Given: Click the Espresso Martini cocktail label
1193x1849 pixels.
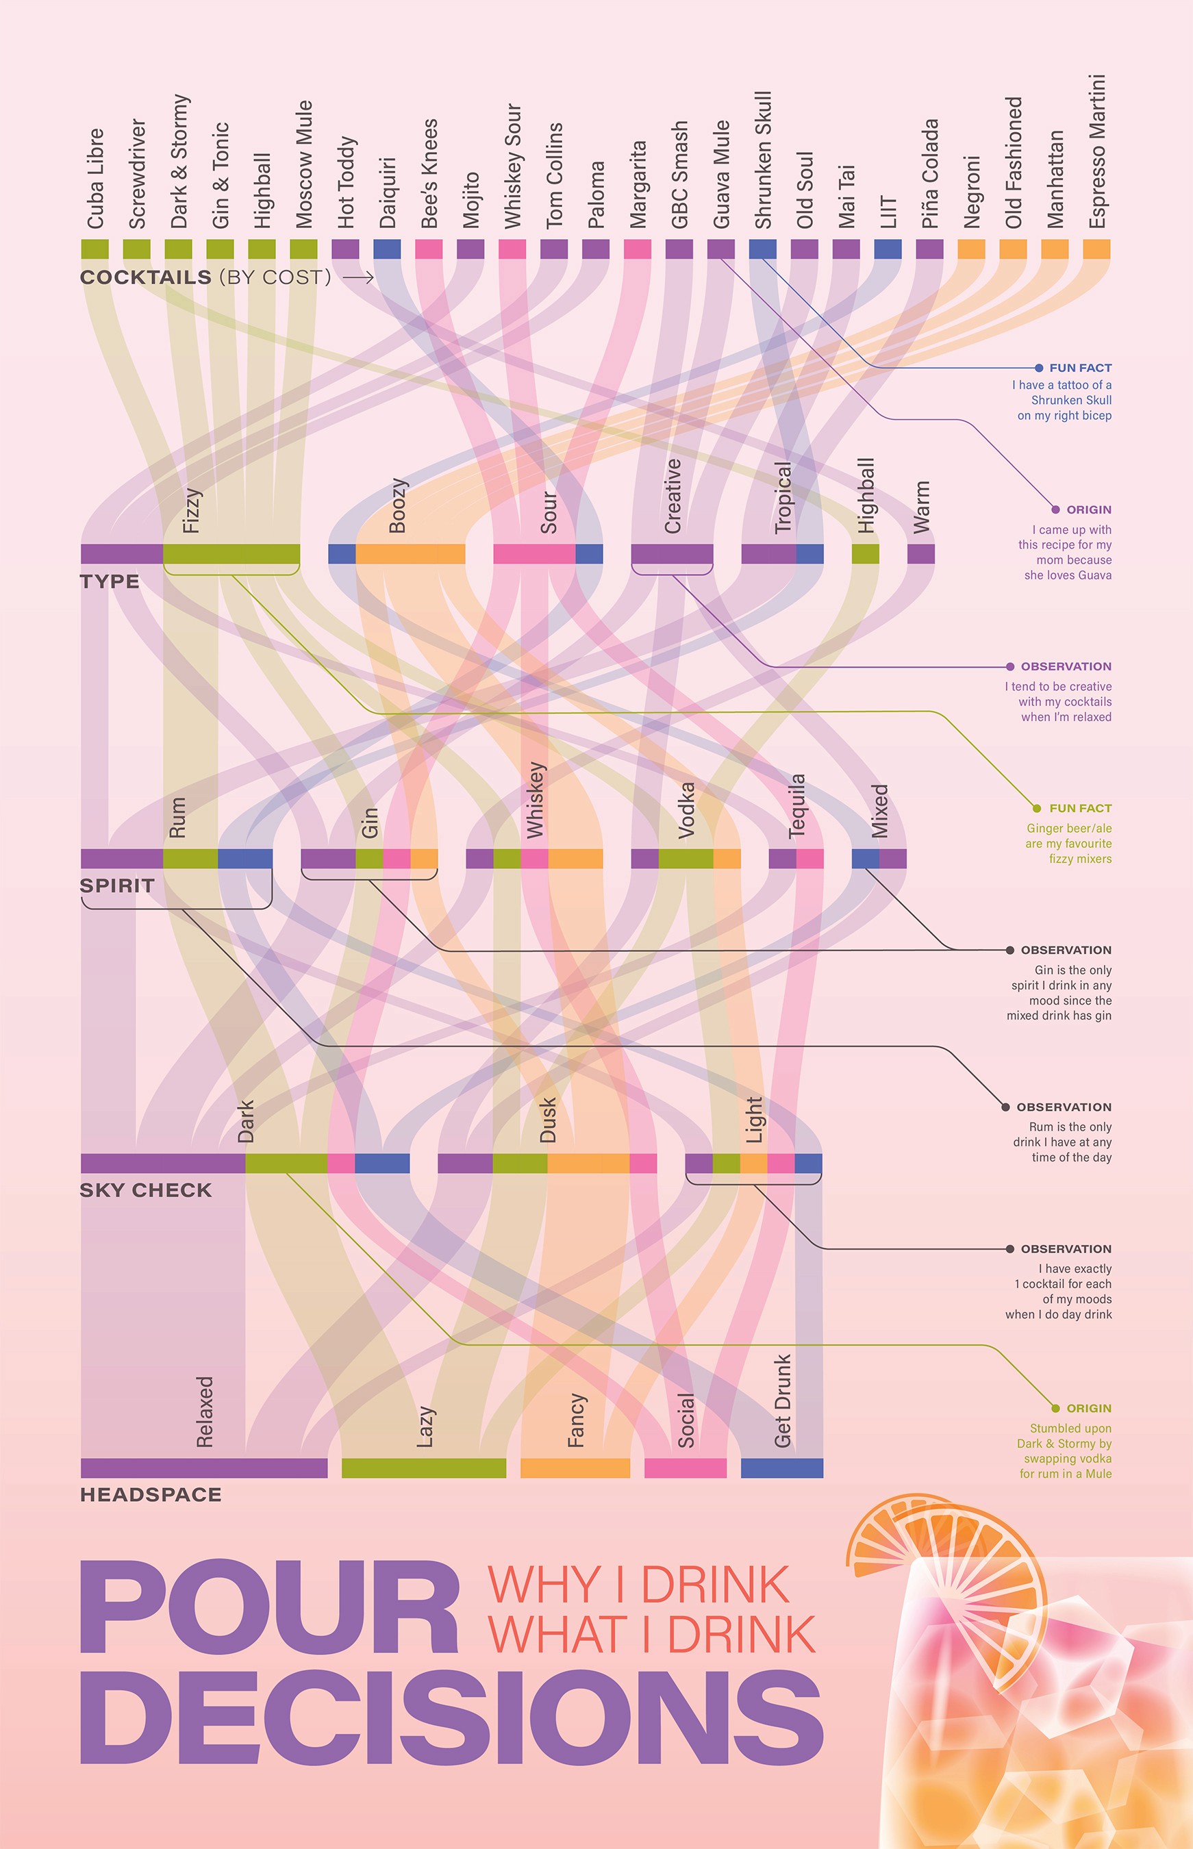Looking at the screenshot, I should (x=1096, y=152).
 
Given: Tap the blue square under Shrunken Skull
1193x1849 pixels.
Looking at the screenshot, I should (x=762, y=249).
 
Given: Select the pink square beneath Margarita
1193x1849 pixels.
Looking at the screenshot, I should (x=637, y=249).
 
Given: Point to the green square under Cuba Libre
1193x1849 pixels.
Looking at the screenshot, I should (x=95, y=249).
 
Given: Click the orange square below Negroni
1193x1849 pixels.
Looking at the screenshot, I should (x=970, y=249).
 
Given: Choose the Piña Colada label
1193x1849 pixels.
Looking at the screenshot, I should (x=929, y=173).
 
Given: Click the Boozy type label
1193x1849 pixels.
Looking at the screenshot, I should (x=397, y=506).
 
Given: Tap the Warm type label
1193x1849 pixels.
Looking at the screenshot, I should (x=921, y=507).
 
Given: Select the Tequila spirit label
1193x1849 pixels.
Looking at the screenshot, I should (x=797, y=805).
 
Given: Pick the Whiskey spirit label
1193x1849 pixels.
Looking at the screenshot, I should (x=536, y=800).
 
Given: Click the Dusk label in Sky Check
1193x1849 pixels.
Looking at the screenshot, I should (x=548, y=1120).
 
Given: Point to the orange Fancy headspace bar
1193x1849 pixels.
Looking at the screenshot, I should (x=575, y=1468).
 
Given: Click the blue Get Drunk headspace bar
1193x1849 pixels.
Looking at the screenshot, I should (x=781, y=1468).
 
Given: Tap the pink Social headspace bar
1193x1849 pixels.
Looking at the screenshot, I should (x=685, y=1468).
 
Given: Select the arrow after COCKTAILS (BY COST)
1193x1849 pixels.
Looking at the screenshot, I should (x=358, y=277).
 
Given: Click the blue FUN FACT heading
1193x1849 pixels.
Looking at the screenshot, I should (x=1080, y=368).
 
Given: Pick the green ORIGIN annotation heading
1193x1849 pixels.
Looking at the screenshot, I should (x=1088, y=1408).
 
